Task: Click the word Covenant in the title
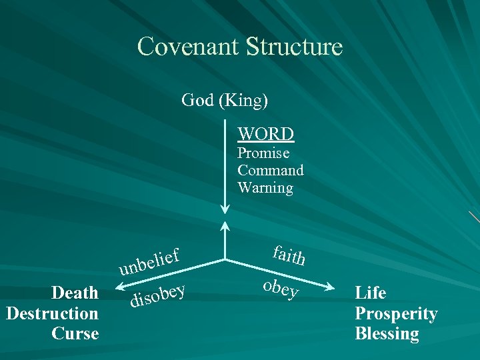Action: (x=189, y=47)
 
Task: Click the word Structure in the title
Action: (x=294, y=47)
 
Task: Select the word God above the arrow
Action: (x=197, y=101)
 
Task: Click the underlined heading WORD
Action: (x=266, y=134)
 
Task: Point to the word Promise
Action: (x=263, y=153)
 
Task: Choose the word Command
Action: (x=270, y=171)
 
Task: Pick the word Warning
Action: (x=265, y=188)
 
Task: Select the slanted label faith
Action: (x=289, y=254)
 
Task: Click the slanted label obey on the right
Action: (x=281, y=287)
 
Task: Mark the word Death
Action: (x=75, y=293)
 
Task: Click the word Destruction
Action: (x=52, y=313)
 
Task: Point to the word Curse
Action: (x=75, y=333)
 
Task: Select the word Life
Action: (x=371, y=293)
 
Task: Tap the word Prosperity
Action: (x=396, y=313)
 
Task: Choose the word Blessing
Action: (x=387, y=333)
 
